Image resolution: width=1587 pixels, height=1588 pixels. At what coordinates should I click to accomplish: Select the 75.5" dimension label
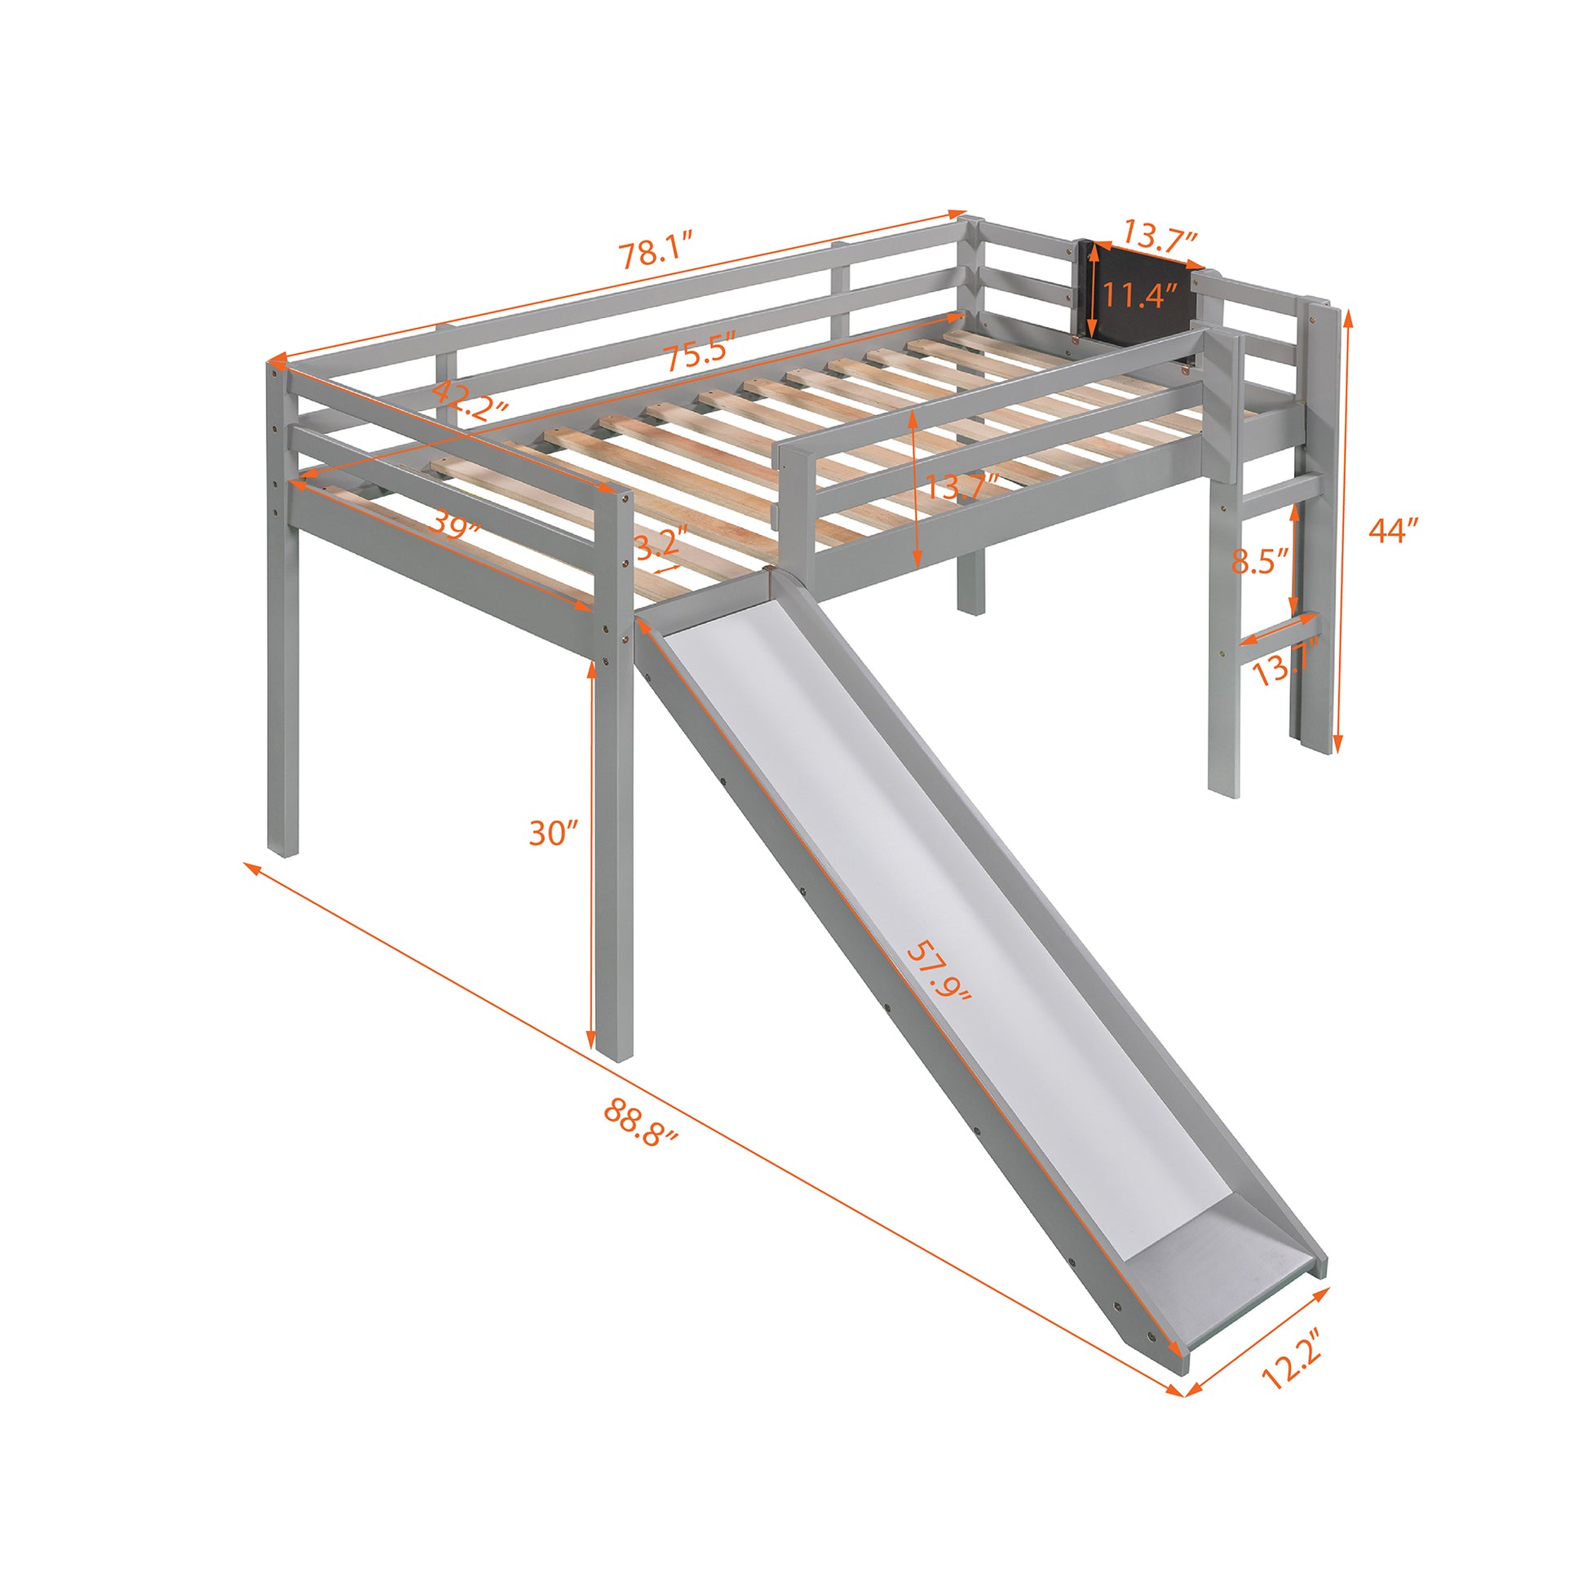pyautogui.click(x=699, y=355)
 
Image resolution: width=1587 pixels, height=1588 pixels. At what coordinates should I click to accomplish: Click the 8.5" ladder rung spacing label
pyautogui.click(x=1258, y=562)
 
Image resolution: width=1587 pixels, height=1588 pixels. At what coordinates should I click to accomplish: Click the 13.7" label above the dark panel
pyautogui.click(x=1160, y=239)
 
